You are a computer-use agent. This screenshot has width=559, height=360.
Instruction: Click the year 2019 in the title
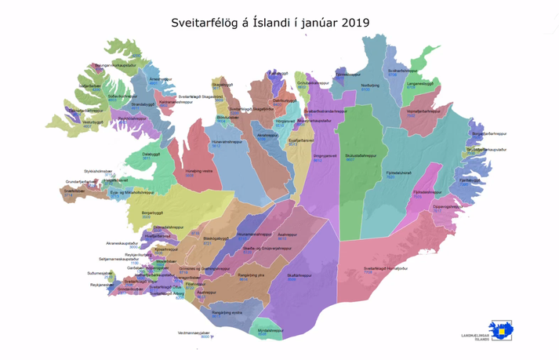(x=353, y=23)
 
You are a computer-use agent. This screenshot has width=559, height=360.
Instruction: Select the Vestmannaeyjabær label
(x=194, y=332)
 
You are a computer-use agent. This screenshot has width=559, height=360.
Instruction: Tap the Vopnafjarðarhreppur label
(x=423, y=111)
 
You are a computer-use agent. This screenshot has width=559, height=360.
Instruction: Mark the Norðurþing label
(x=370, y=85)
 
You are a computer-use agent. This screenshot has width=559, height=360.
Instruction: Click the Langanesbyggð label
(x=420, y=82)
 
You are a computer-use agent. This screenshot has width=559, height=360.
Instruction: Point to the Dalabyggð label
(x=152, y=155)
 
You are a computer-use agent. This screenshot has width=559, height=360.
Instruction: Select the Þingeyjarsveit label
(x=324, y=156)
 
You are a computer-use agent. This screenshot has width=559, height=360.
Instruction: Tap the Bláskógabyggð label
(x=216, y=238)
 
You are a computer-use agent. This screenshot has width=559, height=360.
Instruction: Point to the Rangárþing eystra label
(x=227, y=311)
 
